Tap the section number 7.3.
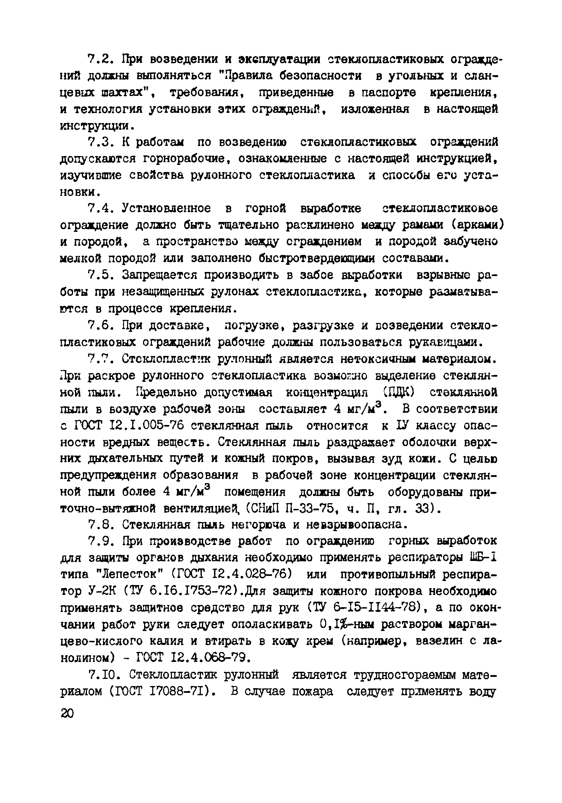click(x=100, y=142)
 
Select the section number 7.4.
click(x=100, y=208)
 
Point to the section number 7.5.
click(x=100, y=275)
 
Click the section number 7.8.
click(x=100, y=525)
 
